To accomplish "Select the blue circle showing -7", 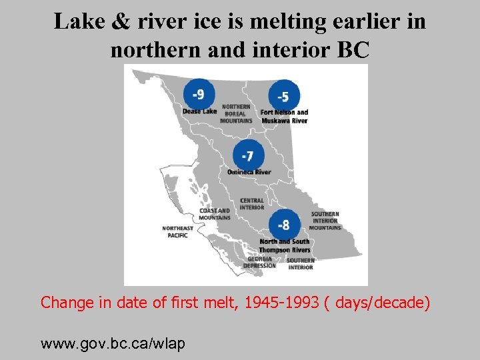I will tap(248, 155).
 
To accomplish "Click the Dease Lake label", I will tap(199, 111).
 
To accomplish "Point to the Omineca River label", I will tap(249, 172).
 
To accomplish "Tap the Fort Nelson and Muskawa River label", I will tap(285, 117).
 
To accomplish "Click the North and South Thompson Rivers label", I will tap(285, 245).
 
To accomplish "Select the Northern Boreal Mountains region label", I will tap(236, 114).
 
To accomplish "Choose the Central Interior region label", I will tap(252, 204).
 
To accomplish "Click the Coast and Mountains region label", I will tap(215, 214).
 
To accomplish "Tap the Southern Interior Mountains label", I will tap(325, 221).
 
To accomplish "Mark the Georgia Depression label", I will tap(259, 262).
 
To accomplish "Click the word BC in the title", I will tap(353, 50).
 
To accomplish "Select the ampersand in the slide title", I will tap(121, 22).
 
